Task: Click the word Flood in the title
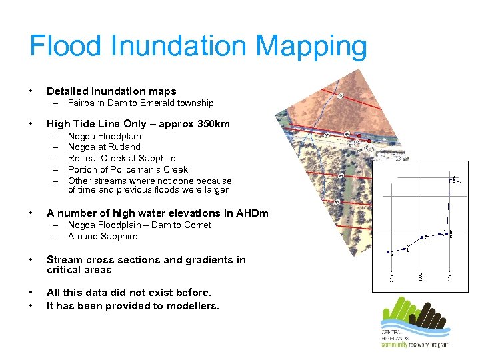[65, 47]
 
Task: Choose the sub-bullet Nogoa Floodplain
[105, 137]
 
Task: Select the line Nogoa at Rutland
[104, 147]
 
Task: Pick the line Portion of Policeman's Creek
[128, 169]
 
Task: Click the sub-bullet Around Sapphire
[103, 237]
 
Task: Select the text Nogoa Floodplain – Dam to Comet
[139, 225]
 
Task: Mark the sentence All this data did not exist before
[129, 293]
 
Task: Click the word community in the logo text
[399, 344]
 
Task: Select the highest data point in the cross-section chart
[453, 179]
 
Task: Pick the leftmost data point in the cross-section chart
[389, 252]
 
